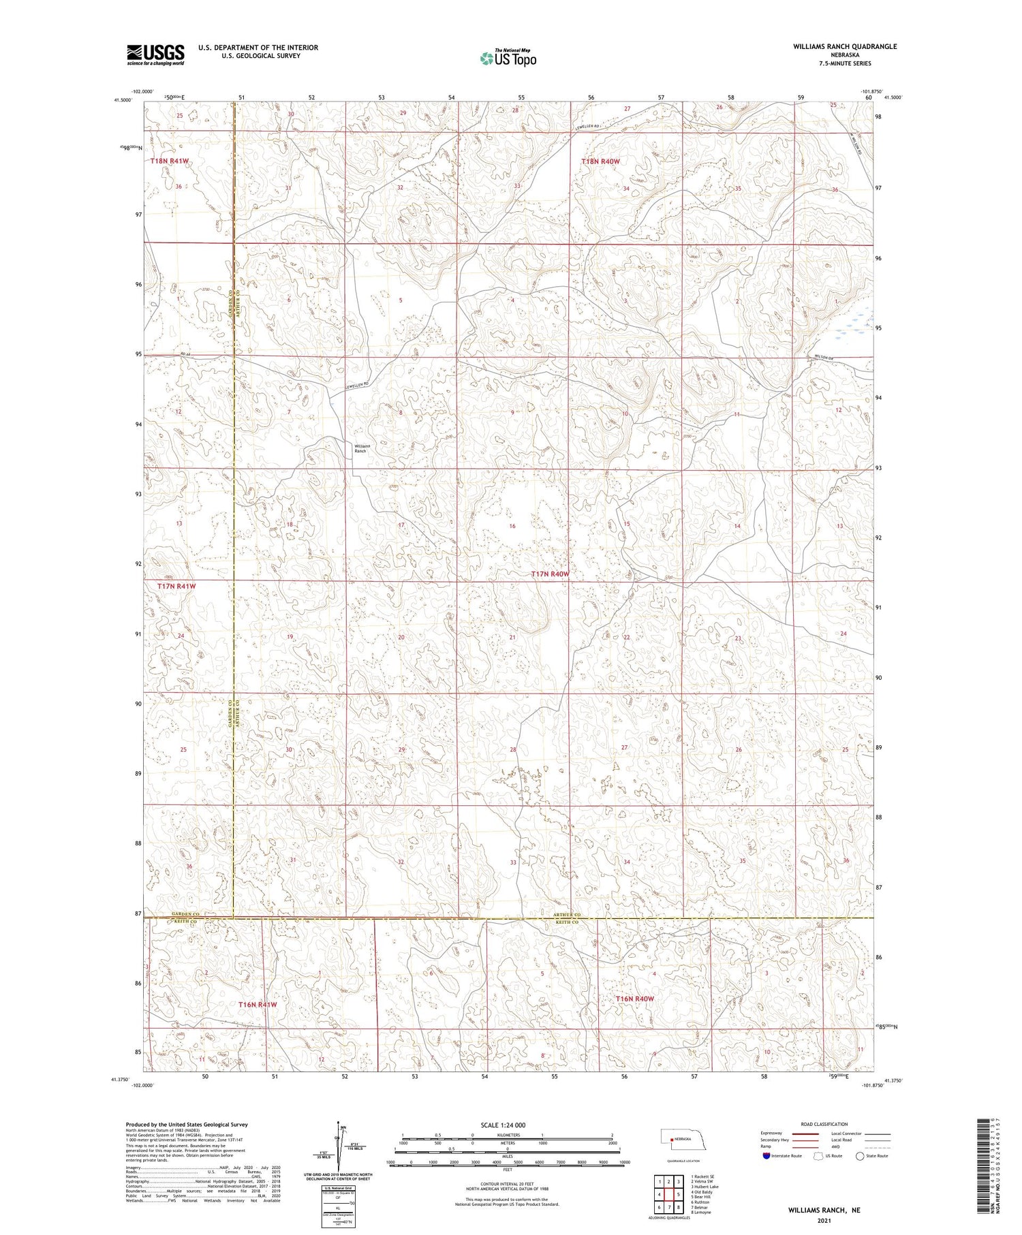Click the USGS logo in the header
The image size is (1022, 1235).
[155, 54]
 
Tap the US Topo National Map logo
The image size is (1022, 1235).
[508, 58]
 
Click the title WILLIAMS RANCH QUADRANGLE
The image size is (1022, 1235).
[844, 46]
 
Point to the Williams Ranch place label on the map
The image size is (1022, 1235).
[360, 448]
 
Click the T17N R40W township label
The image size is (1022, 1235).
[550, 574]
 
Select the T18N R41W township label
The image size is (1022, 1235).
[170, 161]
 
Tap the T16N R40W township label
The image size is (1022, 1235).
[634, 999]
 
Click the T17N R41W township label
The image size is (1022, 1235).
[176, 586]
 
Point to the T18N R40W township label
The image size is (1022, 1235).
[600, 161]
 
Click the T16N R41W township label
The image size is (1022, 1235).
[258, 1004]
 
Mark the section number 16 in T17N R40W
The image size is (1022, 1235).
[512, 527]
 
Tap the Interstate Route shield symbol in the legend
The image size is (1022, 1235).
[766, 1156]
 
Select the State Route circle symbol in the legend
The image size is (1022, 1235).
[860, 1156]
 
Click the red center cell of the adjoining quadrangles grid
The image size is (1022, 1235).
[669, 1194]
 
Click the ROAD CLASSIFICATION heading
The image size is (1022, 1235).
[824, 1124]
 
